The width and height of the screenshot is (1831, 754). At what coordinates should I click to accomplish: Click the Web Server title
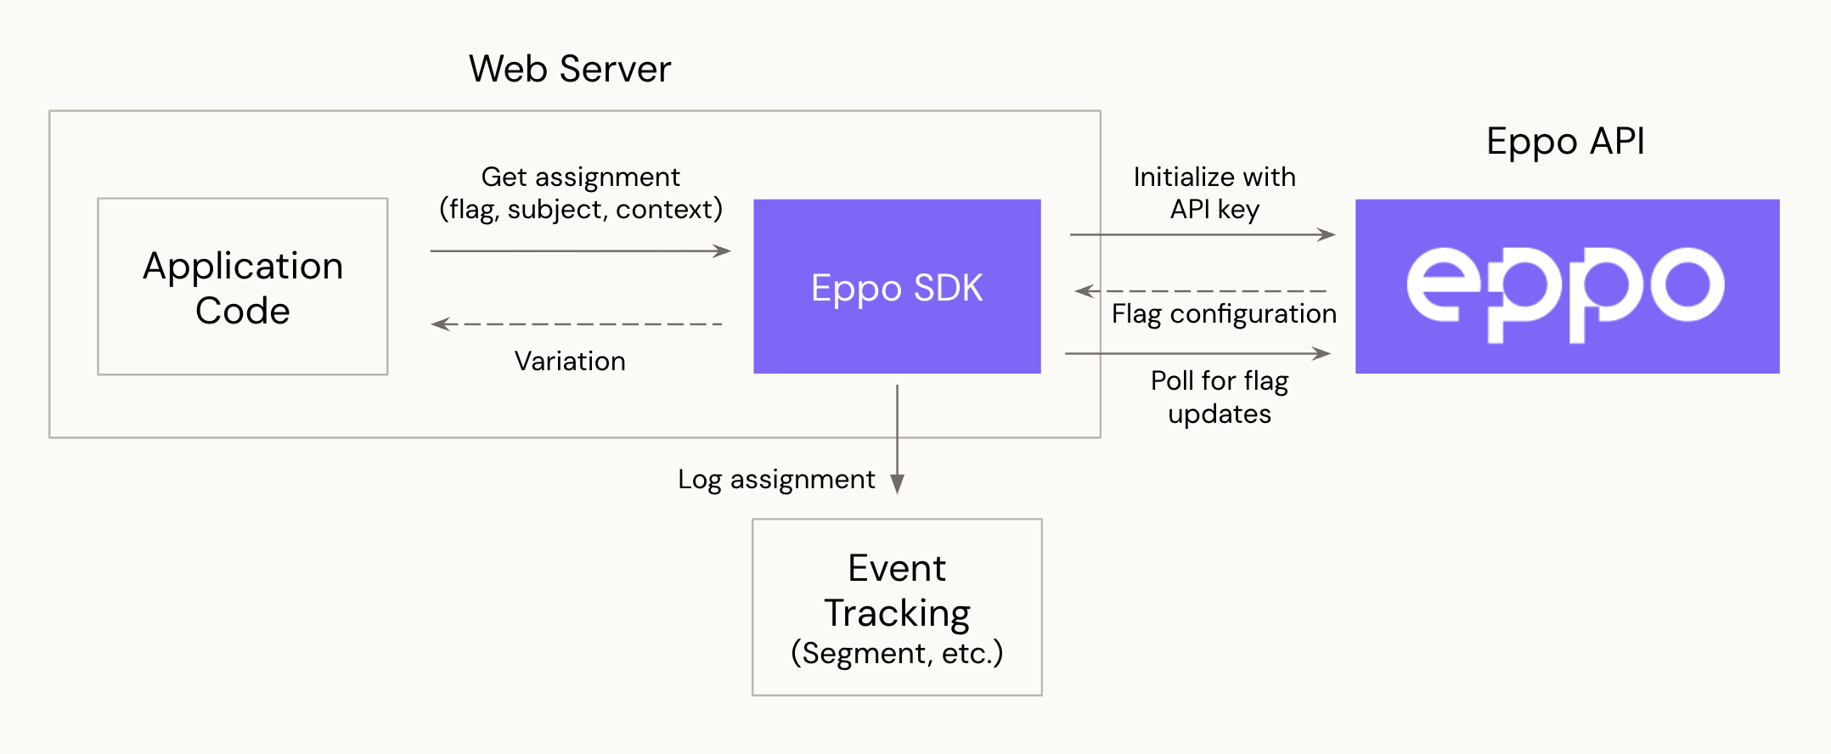tap(570, 69)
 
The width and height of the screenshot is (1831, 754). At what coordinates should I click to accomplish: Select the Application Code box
tap(243, 287)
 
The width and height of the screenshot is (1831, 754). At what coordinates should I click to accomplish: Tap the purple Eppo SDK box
tap(897, 287)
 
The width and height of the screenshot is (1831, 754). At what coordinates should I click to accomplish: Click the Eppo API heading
tap(1565, 141)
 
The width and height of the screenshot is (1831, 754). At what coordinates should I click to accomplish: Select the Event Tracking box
tap(897, 607)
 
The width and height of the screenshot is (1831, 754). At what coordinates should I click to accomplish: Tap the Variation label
tap(570, 361)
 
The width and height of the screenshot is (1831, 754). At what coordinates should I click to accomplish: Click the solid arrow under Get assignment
tap(580, 251)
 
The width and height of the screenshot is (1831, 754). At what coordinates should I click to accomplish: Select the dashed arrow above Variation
tap(577, 324)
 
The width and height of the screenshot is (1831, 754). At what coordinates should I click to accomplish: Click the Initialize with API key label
tap(1214, 193)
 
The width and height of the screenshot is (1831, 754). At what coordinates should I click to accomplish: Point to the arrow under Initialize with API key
tap(1202, 234)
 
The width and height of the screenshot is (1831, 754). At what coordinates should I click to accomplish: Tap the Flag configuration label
tap(1224, 314)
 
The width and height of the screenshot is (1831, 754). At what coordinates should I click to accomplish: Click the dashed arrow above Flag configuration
tap(1202, 291)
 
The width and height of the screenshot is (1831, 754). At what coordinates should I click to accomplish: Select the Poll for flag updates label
tap(1220, 397)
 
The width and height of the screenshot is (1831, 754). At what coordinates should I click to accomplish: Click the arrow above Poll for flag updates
tap(1197, 353)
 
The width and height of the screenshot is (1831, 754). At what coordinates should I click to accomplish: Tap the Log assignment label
tap(776, 480)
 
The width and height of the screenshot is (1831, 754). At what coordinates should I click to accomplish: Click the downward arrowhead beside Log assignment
tap(897, 482)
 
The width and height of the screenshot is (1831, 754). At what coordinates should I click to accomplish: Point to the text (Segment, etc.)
tap(897, 653)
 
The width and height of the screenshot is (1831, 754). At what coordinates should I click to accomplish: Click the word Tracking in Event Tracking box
tap(897, 613)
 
